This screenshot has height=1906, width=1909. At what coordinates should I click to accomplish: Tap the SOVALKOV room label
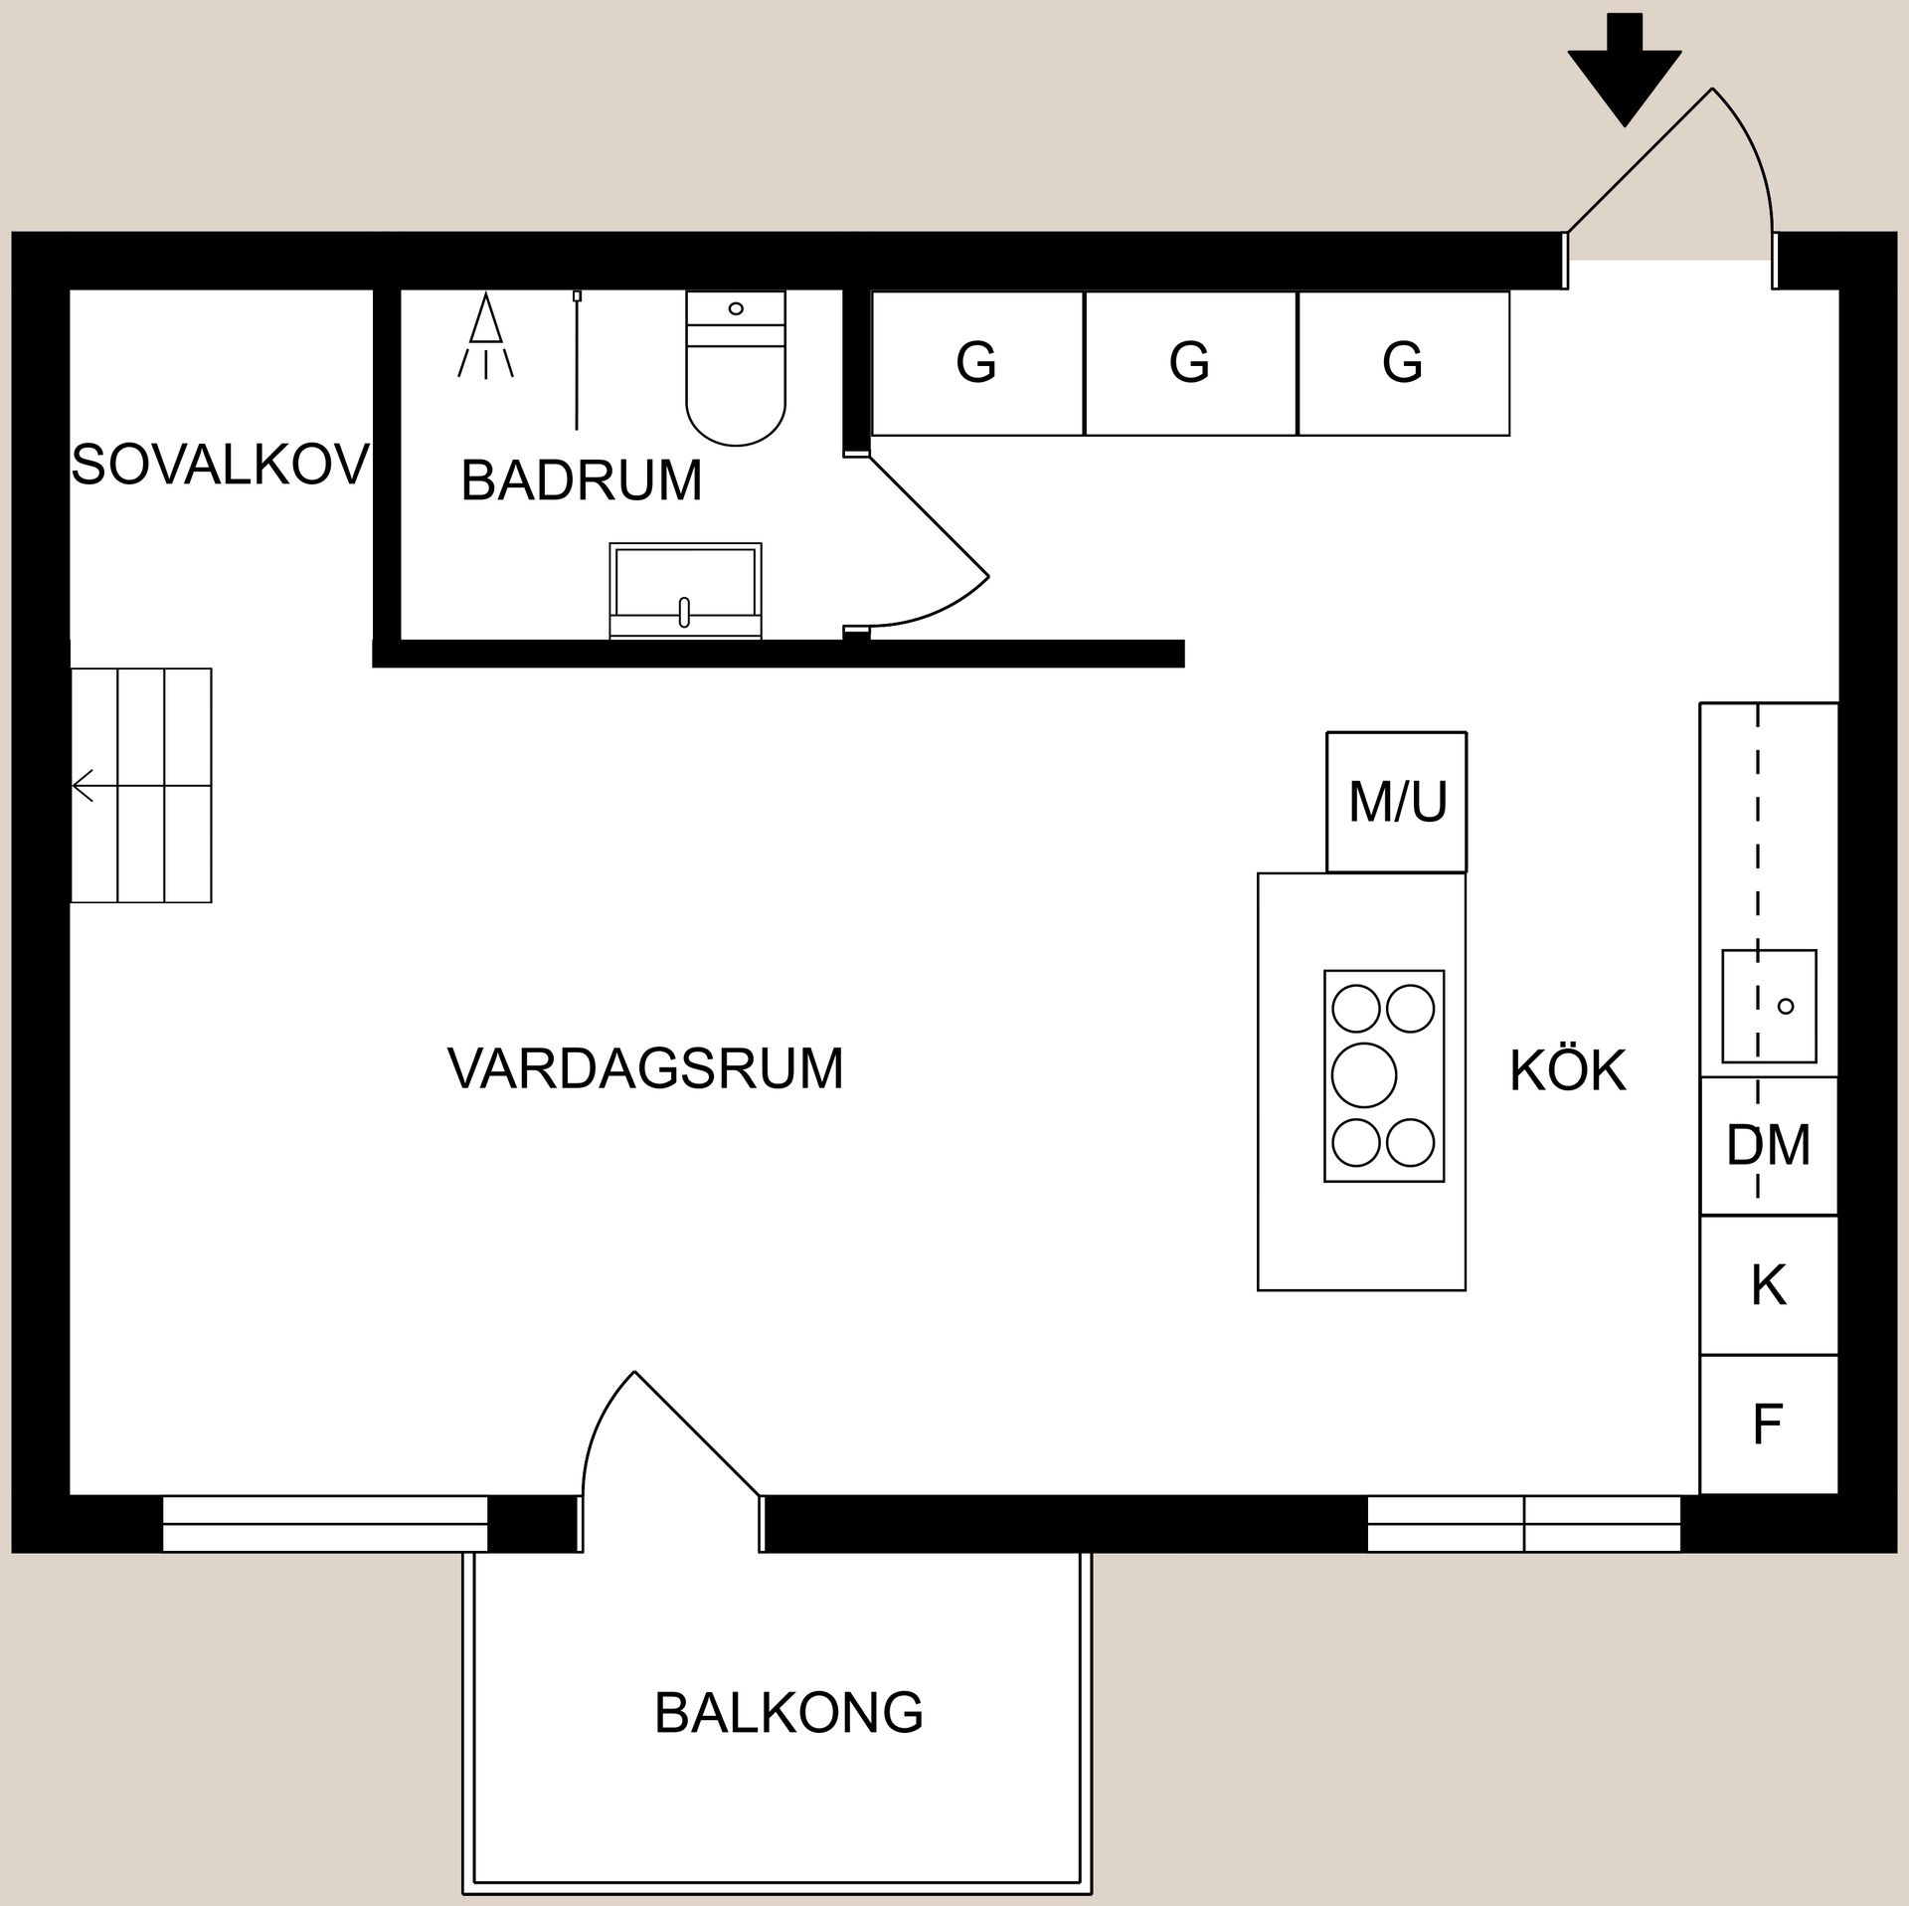click(x=220, y=465)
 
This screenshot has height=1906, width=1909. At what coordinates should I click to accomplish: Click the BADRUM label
click(x=582, y=480)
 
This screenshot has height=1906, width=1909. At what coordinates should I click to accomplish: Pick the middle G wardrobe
click(x=1190, y=362)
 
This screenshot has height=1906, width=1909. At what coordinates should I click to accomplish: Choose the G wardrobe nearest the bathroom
click(x=976, y=362)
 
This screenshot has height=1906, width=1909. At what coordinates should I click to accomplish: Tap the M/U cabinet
click(x=1396, y=802)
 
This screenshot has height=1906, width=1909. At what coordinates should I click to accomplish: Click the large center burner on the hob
click(x=1363, y=1074)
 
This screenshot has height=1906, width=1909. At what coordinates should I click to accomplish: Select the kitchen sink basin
click(x=1769, y=1006)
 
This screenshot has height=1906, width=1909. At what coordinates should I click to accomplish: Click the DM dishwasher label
click(x=1768, y=1146)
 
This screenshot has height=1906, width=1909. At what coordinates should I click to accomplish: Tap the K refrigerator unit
click(x=1768, y=1285)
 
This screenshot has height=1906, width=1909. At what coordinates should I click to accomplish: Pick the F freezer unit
click(x=1768, y=1425)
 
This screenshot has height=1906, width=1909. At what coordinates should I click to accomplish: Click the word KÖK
click(x=1568, y=1070)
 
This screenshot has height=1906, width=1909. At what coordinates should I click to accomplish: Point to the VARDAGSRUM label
click(x=645, y=1068)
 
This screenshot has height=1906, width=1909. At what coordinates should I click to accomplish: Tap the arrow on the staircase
click(x=84, y=786)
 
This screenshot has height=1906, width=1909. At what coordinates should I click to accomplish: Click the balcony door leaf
click(x=697, y=1433)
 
